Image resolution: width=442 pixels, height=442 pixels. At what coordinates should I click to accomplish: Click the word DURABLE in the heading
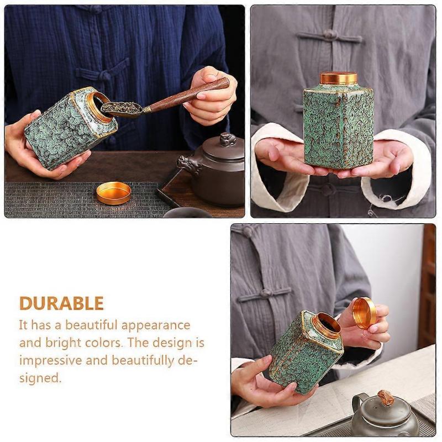(61, 303)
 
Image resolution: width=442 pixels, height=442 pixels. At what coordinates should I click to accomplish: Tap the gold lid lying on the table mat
(113, 193)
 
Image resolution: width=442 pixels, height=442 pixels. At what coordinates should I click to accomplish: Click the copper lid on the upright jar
(338, 78)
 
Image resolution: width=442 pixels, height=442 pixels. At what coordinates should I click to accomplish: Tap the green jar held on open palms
(338, 127)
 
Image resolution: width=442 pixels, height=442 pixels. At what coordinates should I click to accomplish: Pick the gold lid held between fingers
(365, 313)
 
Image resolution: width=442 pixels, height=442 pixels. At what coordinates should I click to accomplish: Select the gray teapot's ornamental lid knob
(386, 397)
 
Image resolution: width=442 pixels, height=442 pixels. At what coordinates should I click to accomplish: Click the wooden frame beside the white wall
(427, 287)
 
